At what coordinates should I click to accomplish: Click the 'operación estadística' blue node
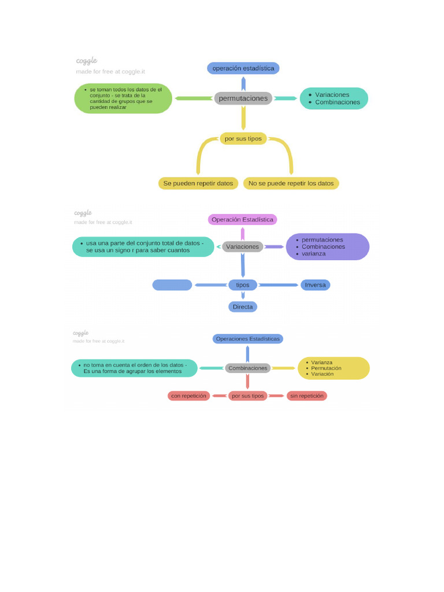243,68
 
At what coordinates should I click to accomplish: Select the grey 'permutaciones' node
243,98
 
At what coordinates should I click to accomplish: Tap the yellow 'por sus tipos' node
243,139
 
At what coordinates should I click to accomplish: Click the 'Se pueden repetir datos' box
198,183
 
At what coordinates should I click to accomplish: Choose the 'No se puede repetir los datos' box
291,183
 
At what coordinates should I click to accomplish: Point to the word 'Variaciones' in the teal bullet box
332,94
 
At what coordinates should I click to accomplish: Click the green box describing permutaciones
123,98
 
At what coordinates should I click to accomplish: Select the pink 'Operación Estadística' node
242,220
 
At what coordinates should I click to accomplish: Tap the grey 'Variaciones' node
243,247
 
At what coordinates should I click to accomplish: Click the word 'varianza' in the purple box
313,254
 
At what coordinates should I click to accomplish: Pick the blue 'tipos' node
243,285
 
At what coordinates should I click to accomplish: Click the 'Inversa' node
315,285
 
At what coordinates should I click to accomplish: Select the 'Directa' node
243,307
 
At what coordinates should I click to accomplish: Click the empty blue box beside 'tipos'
172,285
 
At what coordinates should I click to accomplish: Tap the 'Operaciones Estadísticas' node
247,339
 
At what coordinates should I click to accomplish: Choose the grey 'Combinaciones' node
247,368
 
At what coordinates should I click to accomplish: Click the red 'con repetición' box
188,396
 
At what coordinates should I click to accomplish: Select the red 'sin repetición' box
306,396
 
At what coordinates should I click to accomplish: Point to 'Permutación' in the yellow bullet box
326,368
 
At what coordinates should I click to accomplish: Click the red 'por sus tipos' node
247,396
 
